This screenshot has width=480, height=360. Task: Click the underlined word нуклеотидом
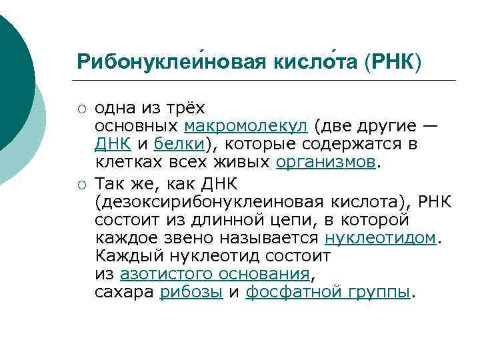click(x=379, y=238)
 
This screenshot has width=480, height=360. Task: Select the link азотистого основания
click(x=215, y=273)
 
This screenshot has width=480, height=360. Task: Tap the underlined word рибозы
click(x=191, y=292)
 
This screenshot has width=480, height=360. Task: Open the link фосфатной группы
click(x=327, y=292)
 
